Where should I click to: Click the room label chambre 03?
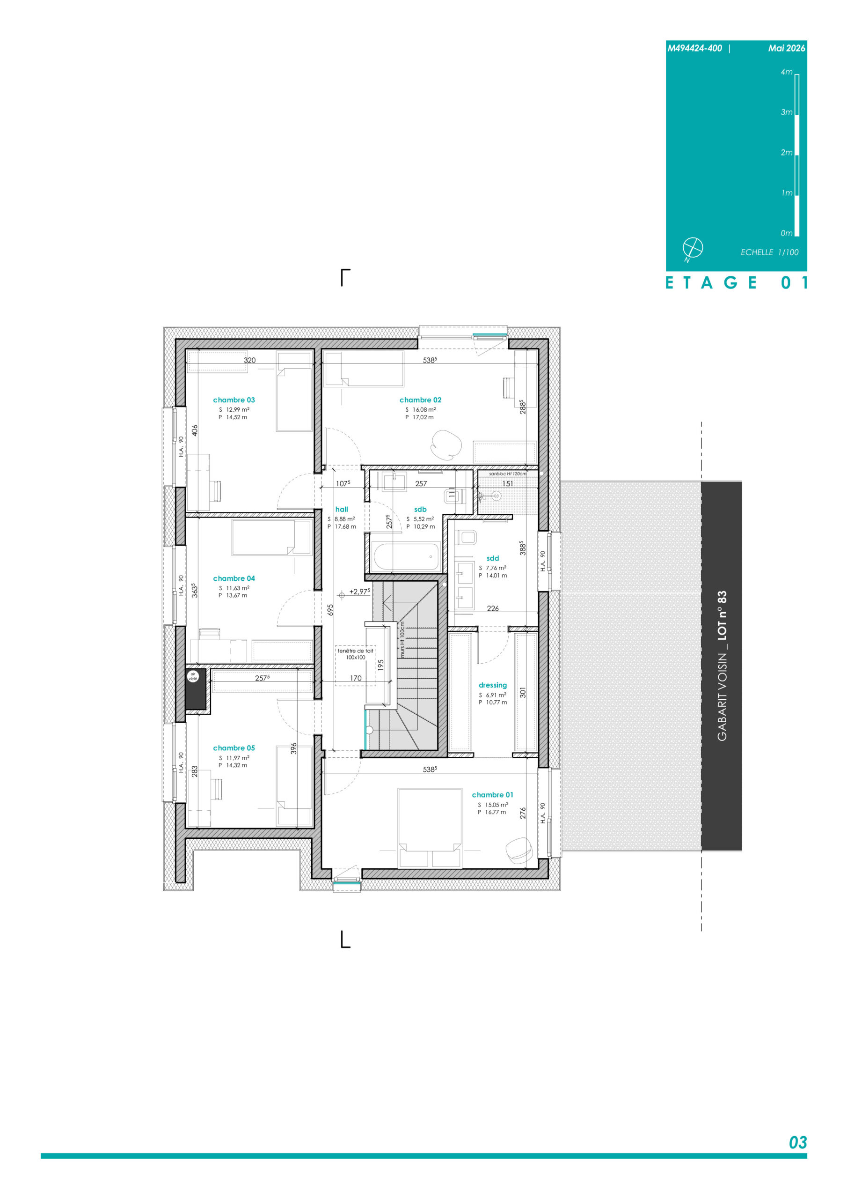pos(234,400)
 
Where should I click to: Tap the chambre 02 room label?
pos(420,400)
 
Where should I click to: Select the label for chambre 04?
pos(234,578)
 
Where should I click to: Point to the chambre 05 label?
pos(234,748)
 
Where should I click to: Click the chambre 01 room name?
pos(492,795)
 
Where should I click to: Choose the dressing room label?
pos(493,685)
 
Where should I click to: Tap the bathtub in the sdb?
pos(407,557)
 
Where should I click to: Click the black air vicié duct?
pos(196,689)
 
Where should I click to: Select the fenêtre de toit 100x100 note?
pos(355,654)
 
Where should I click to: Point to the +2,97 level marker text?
pos(359,592)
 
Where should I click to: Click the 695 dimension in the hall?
pos(330,610)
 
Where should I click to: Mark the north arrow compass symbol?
pos(693,248)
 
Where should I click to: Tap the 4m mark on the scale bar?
pos(787,72)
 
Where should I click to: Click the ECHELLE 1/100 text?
pos(769,252)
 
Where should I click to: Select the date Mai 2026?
pos(787,48)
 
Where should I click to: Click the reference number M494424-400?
pos(694,48)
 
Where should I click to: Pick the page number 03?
pos(798,1142)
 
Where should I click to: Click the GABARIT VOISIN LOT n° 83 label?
pos(722,666)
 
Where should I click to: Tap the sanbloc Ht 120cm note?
pos(507,474)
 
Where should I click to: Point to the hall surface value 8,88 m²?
pos(344,519)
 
